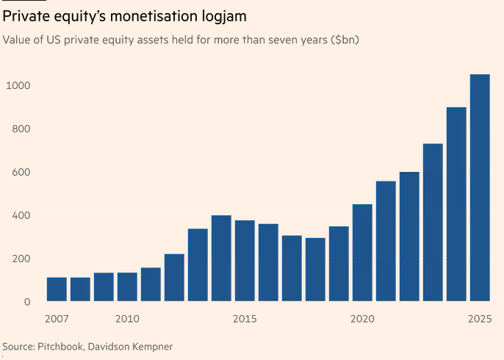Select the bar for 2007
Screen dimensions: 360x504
57,289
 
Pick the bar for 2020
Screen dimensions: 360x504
362,253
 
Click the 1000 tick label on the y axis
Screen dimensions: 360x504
17,86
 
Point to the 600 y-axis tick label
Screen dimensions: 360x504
20,172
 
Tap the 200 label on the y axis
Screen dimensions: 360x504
20,259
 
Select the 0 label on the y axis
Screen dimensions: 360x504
26,302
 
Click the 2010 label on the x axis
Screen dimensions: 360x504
127,319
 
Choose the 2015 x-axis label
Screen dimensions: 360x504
245,319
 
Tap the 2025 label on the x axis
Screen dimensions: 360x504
479,319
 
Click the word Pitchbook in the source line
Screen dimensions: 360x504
60,346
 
